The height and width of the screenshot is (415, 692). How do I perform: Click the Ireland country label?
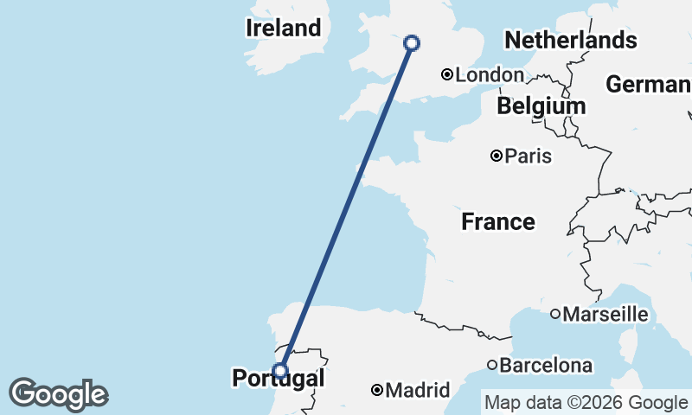pyautogui.click(x=283, y=28)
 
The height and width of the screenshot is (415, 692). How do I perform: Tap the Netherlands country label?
pyautogui.click(x=570, y=40)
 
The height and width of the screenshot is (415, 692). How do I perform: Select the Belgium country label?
pyautogui.click(x=541, y=105)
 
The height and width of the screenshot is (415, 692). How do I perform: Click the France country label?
pyautogui.click(x=497, y=222)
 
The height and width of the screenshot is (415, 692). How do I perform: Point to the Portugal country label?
pyautogui.click(x=278, y=379)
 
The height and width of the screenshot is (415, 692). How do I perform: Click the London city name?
pyautogui.click(x=490, y=75)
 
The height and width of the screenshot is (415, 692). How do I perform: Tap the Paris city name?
pyautogui.click(x=529, y=156)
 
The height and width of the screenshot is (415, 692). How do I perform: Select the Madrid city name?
pyautogui.click(x=418, y=391)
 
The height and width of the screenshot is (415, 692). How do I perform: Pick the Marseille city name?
pyautogui.click(x=605, y=314)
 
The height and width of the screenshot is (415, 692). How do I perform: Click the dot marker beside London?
pyautogui.click(x=447, y=74)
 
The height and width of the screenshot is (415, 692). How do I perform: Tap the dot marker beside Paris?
pyautogui.click(x=497, y=156)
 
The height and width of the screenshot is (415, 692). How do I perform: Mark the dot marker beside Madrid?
pyautogui.click(x=377, y=391)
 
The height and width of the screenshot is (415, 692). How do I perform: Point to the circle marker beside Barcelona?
pyautogui.click(x=492, y=365)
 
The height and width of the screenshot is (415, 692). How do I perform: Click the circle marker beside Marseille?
pyautogui.click(x=554, y=314)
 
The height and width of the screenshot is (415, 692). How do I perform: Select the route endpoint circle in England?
pyautogui.click(x=412, y=42)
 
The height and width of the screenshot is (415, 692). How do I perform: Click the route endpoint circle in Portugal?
pyautogui.click(x=279, y=370)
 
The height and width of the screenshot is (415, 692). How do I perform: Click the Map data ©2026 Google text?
pyautogui.click(x=586, y=402)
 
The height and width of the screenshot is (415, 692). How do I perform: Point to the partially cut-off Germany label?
pyautogui.click(x=648, y=85)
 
